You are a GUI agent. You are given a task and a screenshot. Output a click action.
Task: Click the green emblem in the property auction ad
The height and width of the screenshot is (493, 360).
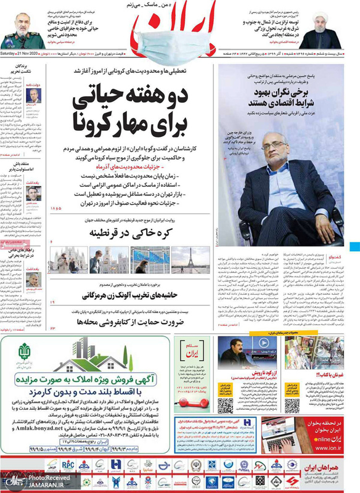[25, 356]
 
